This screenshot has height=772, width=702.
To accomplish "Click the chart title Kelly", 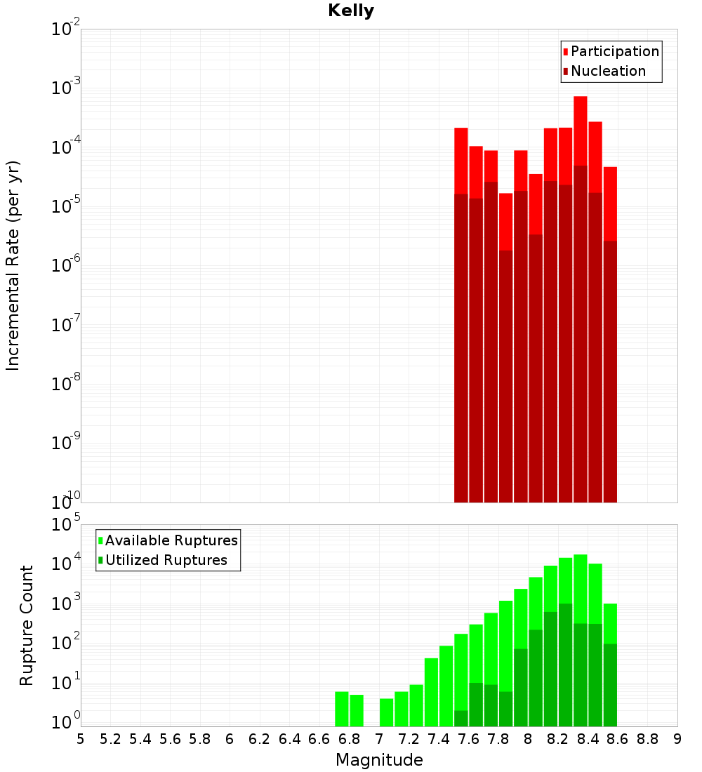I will (351, 11).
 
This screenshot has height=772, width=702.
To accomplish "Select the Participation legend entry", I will (615, 51).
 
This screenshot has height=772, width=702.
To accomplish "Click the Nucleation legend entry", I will (608, 71).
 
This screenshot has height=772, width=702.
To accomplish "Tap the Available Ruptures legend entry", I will (171, 540).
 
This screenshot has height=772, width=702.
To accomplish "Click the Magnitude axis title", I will (379, 760).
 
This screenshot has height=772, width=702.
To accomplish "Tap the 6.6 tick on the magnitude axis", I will (319, 739).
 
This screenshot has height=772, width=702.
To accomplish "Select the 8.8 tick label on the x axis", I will (647, 739).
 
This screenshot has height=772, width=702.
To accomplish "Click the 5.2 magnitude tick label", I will (110, 739).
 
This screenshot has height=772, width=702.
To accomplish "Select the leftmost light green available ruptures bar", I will (342, 709).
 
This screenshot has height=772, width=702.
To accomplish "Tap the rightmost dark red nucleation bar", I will (610, 372).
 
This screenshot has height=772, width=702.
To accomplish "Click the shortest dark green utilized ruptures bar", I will (461, 719).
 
